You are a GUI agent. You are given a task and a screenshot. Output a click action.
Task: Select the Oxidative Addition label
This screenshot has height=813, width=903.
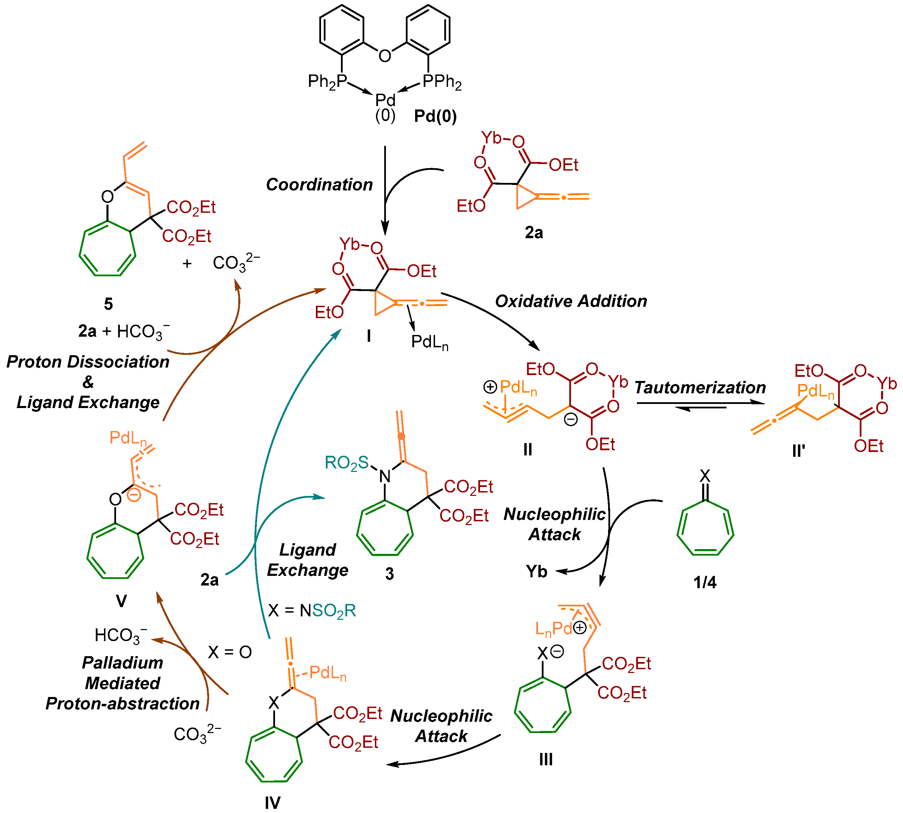(x=571, y=301)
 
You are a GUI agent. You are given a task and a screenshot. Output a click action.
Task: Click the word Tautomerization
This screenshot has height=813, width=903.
(x=700, y=387)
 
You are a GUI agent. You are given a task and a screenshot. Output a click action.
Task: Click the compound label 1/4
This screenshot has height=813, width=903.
(x=705, y=582)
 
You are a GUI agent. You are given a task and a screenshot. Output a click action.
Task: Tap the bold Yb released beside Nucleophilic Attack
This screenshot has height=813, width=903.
(x=536, y=571)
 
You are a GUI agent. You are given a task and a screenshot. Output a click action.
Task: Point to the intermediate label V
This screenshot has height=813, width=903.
(x=121, y=601)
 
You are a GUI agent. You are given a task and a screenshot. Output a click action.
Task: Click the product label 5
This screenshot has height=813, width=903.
(x=108, y=304)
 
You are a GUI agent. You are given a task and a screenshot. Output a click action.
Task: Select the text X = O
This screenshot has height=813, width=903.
(x=230, y=652)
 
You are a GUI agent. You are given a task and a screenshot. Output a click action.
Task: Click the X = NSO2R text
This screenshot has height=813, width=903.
(x=312, y=610)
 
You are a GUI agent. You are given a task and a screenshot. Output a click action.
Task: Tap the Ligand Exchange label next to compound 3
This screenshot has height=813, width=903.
(x=307, y=560)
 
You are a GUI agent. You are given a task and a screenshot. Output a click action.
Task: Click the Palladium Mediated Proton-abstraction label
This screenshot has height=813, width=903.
(x=123, y=683)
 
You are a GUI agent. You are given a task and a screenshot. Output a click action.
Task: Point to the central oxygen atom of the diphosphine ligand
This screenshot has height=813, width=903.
(x=385, y=56)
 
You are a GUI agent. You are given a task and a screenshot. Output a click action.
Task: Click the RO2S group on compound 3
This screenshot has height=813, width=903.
(x=347, y=463)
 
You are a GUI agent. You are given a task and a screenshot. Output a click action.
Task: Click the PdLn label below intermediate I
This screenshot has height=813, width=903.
(x=430, y=342)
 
